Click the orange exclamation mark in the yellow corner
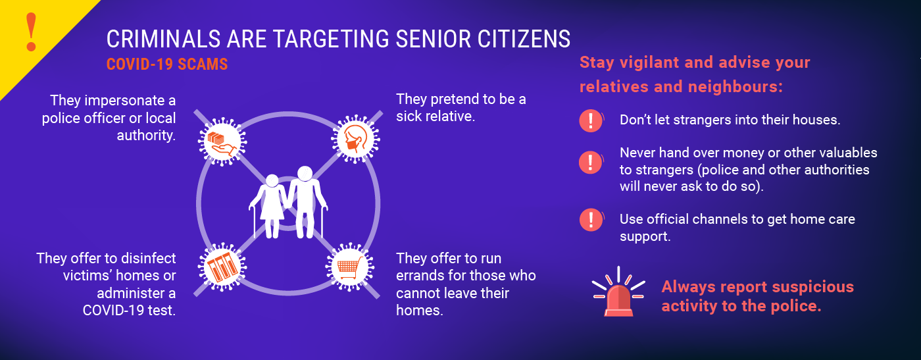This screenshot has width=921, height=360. click(x=32, y=32)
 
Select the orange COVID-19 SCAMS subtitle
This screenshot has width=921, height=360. click(x=167, y=64)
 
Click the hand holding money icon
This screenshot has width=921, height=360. click(x=222, y=142)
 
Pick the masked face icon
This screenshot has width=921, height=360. click(x=355, y=139)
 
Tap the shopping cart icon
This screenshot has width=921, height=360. click(x=350, y=267)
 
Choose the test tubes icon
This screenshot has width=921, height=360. click(x=222, y=267)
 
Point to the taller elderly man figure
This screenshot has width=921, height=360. click(x=307, y=202)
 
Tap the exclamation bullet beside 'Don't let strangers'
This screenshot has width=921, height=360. click(x=591, y=120)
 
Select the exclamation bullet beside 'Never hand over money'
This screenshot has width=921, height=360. click(x=591, y=162)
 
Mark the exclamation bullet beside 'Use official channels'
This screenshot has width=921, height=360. click(x=591, y=220)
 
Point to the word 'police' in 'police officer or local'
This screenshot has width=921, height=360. click(x=61, y=118)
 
